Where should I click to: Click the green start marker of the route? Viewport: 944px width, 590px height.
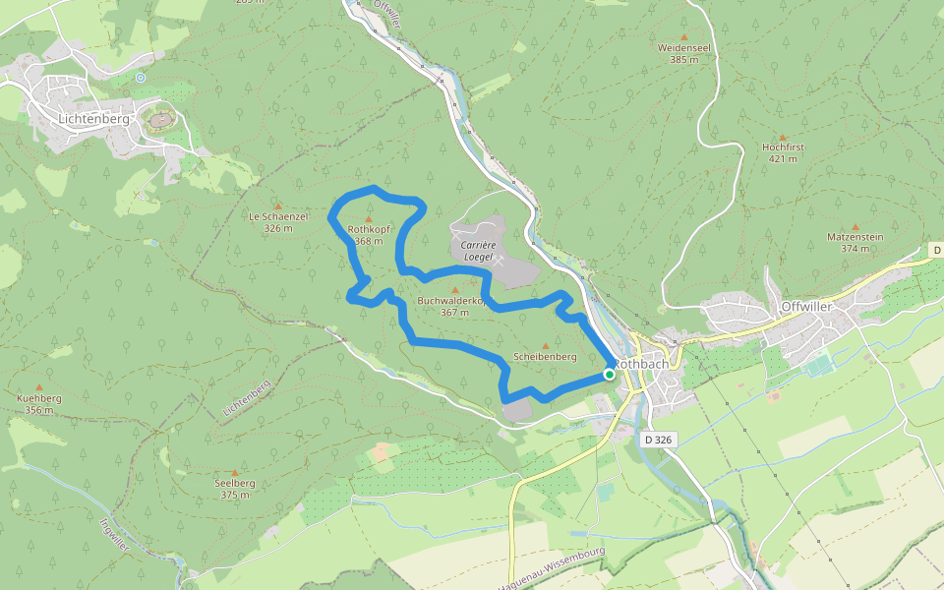(x=610, y=374)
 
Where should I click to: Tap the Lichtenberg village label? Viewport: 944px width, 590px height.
(x=94, y=119)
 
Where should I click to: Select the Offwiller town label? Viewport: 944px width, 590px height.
(x=806, y=306)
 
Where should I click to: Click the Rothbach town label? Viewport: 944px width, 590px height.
(x=642, y=363)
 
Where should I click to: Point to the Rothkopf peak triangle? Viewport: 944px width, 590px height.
(x=369, y=218)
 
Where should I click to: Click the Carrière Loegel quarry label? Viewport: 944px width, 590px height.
(x=476, y=248)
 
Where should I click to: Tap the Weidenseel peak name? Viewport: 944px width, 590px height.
(x=684, y=47)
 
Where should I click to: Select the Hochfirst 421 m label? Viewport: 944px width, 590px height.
(x=783, y=151)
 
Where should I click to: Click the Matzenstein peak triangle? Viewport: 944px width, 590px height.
(x=855, y=226)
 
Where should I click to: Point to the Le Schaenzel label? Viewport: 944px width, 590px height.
(x=278, y=215)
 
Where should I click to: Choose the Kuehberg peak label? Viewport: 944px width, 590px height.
(x=39, y=398)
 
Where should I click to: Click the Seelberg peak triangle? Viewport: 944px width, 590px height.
(x=236, y=472)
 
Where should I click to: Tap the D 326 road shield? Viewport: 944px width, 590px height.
(x=657, y=440)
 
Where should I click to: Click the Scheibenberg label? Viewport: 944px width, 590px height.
(x=545, y=357)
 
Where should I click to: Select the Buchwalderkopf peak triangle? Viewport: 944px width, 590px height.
(x=453, y=290)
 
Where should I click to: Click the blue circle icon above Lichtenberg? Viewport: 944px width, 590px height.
(x=141, y=77)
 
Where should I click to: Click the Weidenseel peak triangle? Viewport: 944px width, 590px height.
(x=684, y=36)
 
